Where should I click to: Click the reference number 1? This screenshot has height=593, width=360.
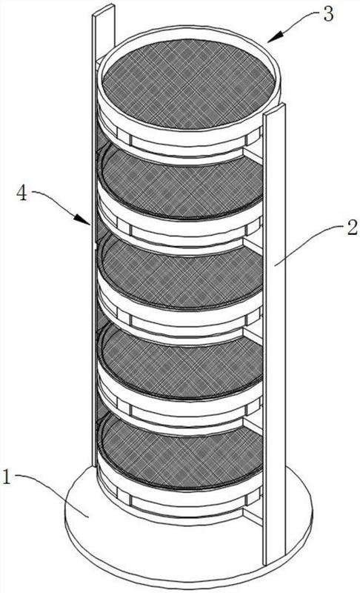(x=7, y=477)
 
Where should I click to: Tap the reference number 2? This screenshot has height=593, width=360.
(x=351, y=229)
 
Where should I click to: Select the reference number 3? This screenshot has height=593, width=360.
(x=327, y=14)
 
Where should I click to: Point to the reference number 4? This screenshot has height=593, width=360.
(x=22, y=193)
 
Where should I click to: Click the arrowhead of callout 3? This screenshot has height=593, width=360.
(x=276, y=36)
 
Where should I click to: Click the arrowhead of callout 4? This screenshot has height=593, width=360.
(x=82, y=219)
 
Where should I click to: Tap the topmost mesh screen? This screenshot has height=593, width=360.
(x=188, y=83)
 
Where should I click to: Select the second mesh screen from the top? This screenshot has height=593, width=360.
(x=181, y=183)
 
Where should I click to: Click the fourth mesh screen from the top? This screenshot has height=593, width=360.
(x=181, y=362)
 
